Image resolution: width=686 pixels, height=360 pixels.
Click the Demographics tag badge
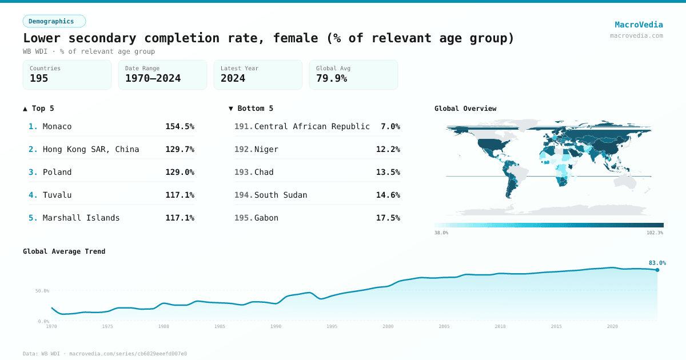tap(54, 21)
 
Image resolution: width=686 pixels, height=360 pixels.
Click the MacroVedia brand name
tap(639, 25)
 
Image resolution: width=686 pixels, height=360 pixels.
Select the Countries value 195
tap(39, 78)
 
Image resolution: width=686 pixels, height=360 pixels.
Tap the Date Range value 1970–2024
tap(153, 78)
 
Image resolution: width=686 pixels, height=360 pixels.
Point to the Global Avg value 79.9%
tap(332, 78)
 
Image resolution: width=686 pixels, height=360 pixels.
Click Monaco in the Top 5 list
tap(57, 126)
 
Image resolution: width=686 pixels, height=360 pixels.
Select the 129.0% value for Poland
tap(180, 172)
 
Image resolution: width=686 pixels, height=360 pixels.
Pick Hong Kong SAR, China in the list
tap(91, 149)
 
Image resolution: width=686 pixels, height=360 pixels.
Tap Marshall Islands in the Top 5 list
tap(81, 218)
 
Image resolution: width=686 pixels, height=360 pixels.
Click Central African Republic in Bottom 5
tap(312, 126)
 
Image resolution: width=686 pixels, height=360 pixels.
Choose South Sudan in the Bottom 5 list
tap(281, 195)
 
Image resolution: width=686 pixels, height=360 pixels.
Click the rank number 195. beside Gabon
tap(244, 218)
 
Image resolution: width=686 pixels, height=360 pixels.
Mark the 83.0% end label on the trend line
tap(657, 263)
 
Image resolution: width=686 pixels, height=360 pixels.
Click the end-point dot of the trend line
tap(657, 270)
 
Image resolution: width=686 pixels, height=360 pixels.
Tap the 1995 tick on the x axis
tap(332, 326)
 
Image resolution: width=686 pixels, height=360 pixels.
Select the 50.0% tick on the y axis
tap(42, 291)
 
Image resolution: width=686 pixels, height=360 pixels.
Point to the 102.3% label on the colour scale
tap(655, 233)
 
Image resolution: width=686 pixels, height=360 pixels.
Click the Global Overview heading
tap(465, 109)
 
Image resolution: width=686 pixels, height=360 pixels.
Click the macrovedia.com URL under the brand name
tap(636, 35)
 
